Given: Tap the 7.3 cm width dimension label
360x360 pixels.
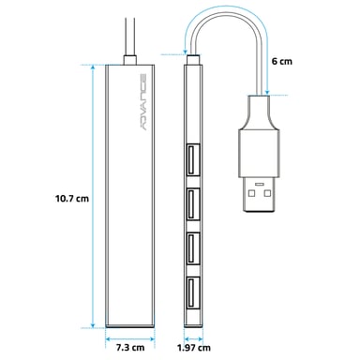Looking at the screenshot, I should pos(130,347).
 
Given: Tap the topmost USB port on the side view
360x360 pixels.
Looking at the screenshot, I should pos(192,157).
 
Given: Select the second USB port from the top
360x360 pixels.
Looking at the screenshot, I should pos(192,202).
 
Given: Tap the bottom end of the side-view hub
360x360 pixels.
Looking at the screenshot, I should pos(192,323).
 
